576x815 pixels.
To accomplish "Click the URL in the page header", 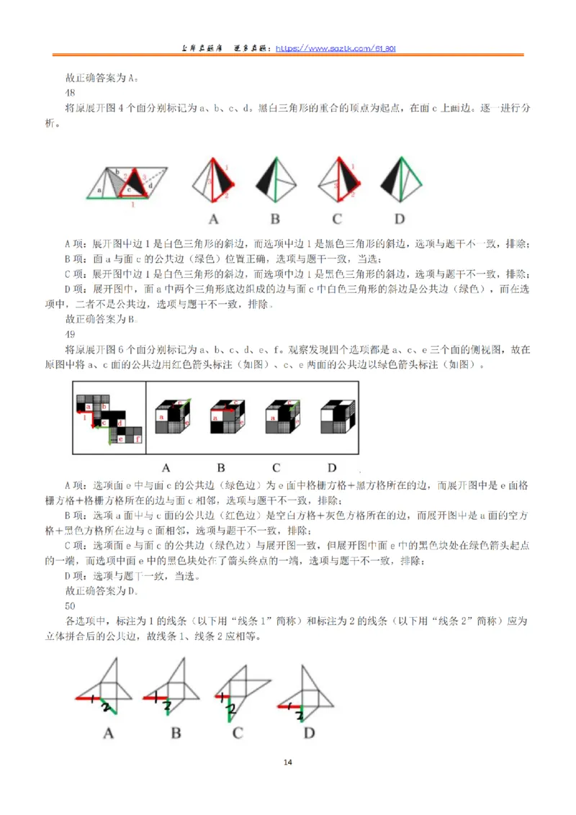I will [335, 48].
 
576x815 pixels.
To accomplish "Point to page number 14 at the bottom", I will [288, 762].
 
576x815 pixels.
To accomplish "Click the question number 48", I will [71, 93].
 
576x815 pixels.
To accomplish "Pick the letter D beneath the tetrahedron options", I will [400, 219].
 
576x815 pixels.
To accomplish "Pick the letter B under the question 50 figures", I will [175, 734].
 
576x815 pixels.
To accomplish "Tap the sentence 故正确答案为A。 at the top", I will [102, 78].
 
